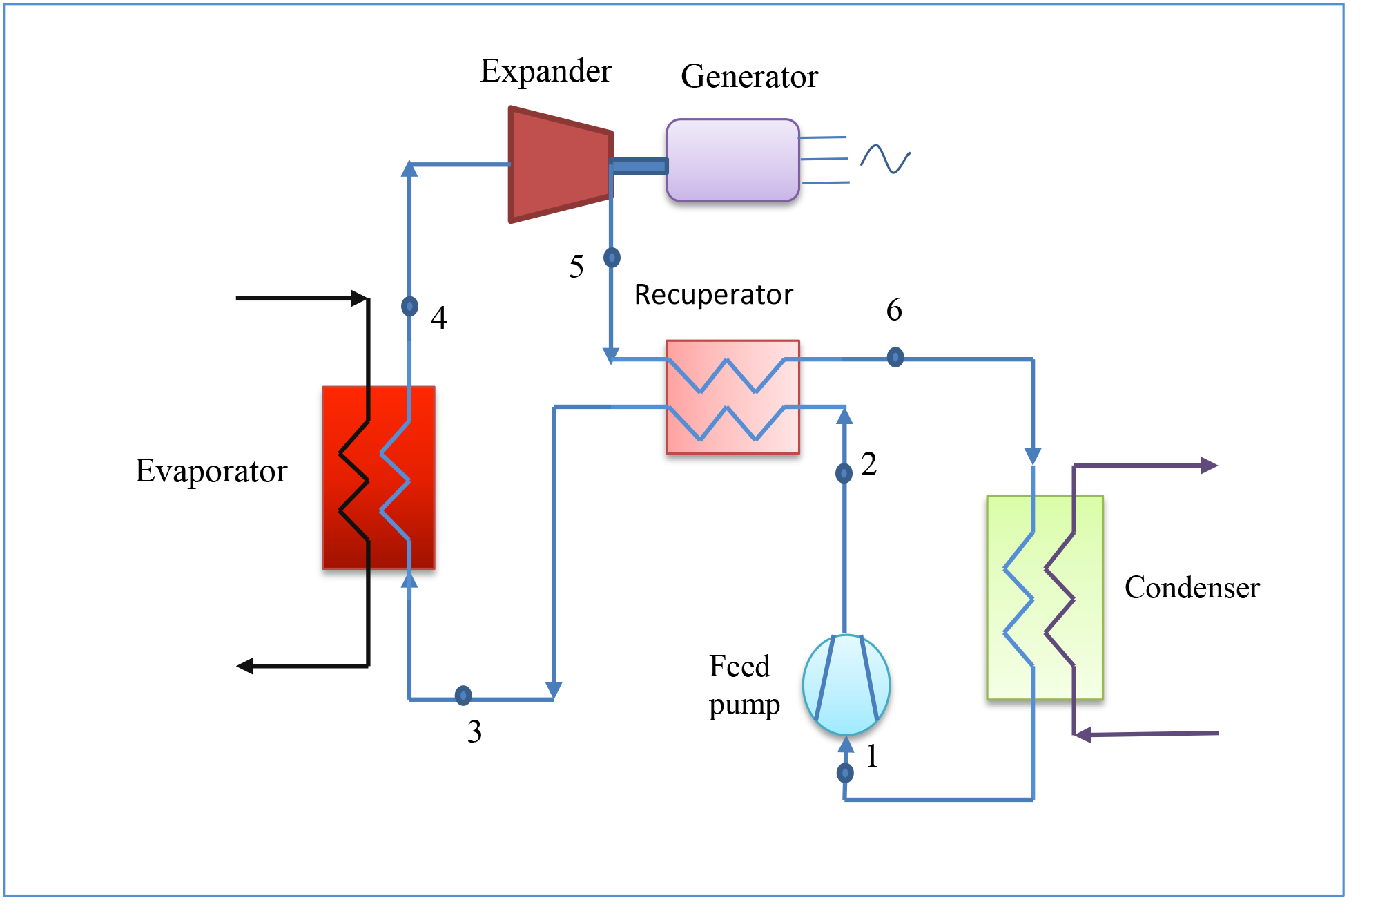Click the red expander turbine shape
click(559, 164)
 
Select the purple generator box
click(732, 160)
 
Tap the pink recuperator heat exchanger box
click(732, 397)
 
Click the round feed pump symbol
click(846, 685)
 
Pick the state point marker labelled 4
click(409, 305)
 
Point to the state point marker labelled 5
click(612, 258)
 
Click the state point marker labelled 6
click(895, 357)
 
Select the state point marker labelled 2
click(844, 473)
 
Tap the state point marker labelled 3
click(463, 695)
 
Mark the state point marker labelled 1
click(845, 772)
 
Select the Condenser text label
click(1192, 588)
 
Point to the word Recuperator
click(713, 295)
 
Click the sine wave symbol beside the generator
click(885, 159)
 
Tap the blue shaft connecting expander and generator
click(639, 166)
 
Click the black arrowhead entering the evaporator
click(359, 298)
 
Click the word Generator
click(749, 77)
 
